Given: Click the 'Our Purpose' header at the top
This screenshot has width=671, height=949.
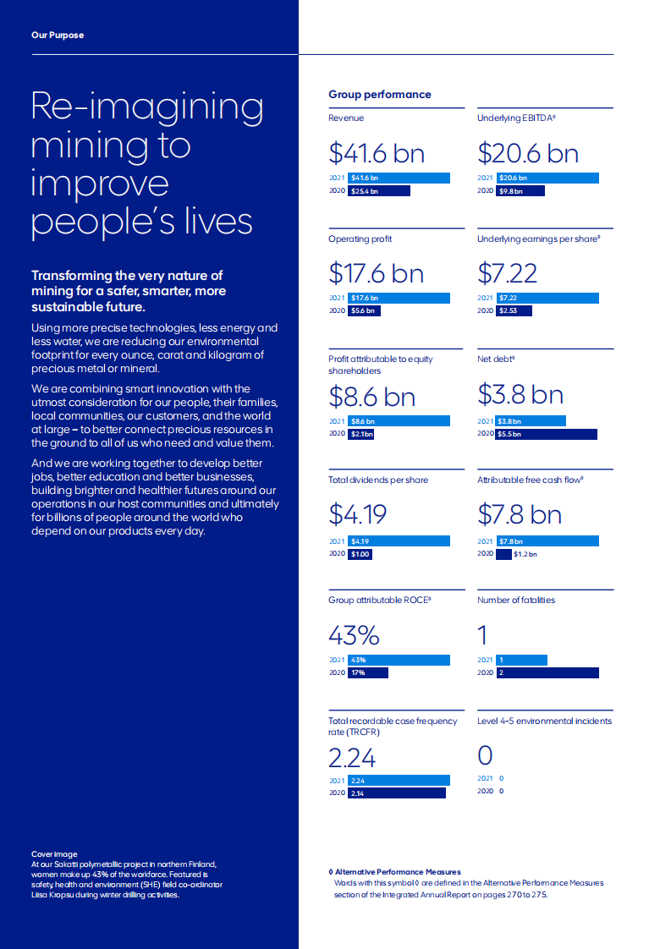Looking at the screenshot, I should (x=58, y=36).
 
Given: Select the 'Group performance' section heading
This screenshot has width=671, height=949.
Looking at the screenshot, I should (x=379, y=95).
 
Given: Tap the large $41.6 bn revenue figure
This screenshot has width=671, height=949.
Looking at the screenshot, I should (x=377, y=153).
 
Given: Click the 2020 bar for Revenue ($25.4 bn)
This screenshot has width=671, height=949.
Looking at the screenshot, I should (x=379, y=191).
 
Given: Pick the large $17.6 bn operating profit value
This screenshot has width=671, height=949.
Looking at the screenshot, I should (x=377, y=273).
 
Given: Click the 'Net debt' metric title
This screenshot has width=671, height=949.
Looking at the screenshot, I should (x=496, y=359).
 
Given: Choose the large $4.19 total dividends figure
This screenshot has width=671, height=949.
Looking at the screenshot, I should (x=357, y=514).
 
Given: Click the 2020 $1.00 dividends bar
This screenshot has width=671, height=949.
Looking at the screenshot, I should (x=360, y=554).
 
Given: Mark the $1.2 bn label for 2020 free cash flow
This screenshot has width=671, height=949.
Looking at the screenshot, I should (x=525, y=555).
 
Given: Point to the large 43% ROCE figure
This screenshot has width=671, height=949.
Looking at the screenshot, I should (x=354, y=634).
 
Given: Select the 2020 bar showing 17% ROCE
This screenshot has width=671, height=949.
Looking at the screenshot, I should (x=367, y=673).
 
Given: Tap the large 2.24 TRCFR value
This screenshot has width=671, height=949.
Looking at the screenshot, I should (x=352, y=756).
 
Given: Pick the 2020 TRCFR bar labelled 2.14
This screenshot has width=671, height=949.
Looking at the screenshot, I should (x=395, y=793).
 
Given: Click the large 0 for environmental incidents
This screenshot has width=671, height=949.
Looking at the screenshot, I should (x=485, y=755).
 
